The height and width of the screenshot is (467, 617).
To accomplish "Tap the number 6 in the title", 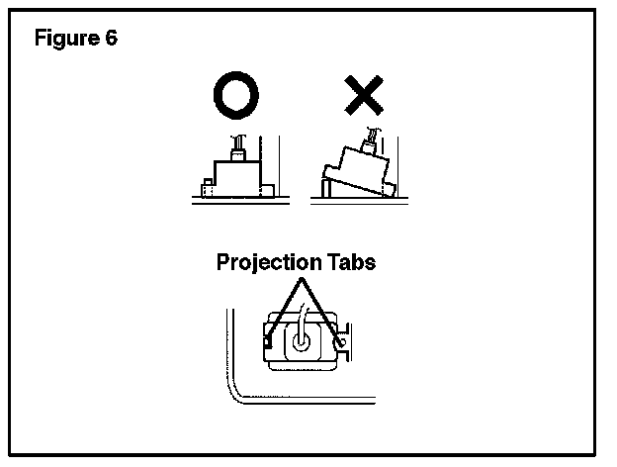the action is click(x=111, y=40).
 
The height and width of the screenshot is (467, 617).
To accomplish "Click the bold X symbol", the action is click(x=364, y=96).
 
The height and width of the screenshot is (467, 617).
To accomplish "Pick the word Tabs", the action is click(x=350, y=263).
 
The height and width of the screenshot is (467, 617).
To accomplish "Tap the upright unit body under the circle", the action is click(x=234, y=178).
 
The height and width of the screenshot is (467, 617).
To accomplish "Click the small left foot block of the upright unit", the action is click(x=207, y=185).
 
